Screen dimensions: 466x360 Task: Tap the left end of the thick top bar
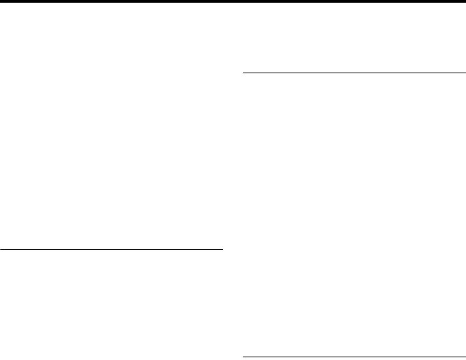pyautogui.click(x=1, y=1)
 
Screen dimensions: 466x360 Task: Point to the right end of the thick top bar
pyautogui.click(x=464, y=1)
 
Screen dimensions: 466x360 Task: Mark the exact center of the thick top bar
pyautogui.click(x=233, y=1)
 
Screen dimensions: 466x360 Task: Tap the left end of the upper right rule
pyautogui.click(x=244, y=72)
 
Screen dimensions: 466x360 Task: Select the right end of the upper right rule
pyautogui.click(x=465, y=72)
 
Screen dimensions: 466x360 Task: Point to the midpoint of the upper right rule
pyautogui.click(x=354, y=72)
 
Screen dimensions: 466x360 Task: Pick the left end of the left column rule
pyautogui.click(x=1, y=250)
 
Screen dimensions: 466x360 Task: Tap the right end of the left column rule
pyautogui.click(x=222, y=250)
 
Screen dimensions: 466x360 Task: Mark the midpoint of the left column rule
pyautogui.click(x=112, y=250)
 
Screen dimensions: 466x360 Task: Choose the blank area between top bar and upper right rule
pyautogui.click(x=354, y=38)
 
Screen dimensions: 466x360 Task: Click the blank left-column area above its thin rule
pyautogui.click(x=112, y=127)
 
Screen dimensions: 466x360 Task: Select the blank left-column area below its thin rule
pyautogui.click(x=112, y=305)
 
